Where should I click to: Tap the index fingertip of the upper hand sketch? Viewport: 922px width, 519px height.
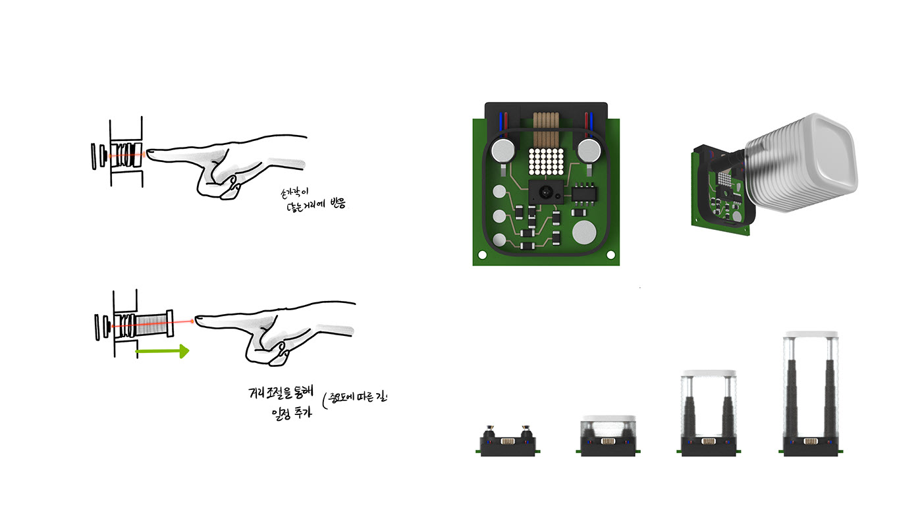pyautogui.click(x=149, y=153)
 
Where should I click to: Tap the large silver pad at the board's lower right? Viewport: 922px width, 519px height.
pyautogui.click(x=584, y=232)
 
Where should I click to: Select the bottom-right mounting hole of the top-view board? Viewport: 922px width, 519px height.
pyautogui.click(x=610, y=254)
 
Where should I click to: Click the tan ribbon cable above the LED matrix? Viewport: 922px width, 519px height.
pyautogui.click(x=545, y=128)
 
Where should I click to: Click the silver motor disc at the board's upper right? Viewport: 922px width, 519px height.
pyautogui.click(x=586, y=150)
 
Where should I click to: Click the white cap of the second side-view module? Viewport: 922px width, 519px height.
pyautogui.click(x=609, y=420)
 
